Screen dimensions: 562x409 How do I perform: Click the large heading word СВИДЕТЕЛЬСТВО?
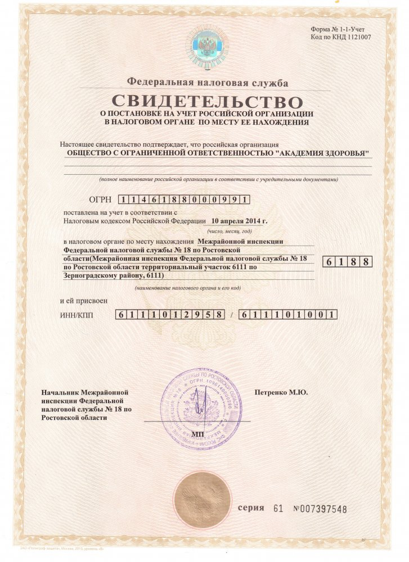(207, 102)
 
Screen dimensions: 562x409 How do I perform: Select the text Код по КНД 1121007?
(341, 37)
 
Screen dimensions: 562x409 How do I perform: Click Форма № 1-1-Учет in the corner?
(341, 29)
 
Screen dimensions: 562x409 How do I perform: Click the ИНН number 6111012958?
(172, 315)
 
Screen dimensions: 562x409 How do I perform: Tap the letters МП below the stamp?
(198, 434)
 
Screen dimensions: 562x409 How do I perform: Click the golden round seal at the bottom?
(202, 498)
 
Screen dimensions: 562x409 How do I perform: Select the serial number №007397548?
(320, 509)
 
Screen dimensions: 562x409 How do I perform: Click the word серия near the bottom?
(251, 507)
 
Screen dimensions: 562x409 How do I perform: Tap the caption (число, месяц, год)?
(229, 231)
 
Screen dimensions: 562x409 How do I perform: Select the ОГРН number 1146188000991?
(185, 200)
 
